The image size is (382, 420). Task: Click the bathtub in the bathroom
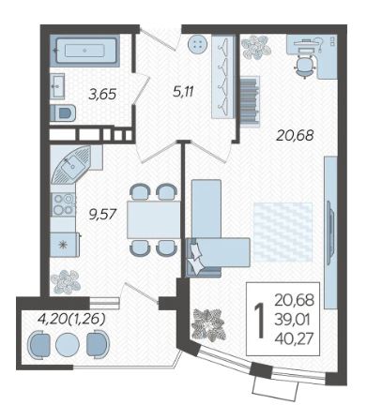click(x=84, y=51)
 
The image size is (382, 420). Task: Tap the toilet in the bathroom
click(x=63, y=112)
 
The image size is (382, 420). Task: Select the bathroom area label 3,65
click(x=102, y=94)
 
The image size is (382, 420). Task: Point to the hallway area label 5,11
click(x=183, y=92)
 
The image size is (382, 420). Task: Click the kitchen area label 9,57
click(x=103, y=215)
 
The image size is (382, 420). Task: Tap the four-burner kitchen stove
click(x=63, y=204)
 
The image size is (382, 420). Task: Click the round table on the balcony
click(x=68, y=345)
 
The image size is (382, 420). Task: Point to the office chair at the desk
click(x=304, y=65)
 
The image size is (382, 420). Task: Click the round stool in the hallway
click(x=198, y=44)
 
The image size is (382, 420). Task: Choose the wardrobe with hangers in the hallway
click(x=223, y=77)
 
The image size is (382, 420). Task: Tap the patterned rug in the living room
click(x=283, y=232)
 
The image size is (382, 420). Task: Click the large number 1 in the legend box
click(x=259, y=322)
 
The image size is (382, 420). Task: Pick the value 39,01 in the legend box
click(x=293, y=320)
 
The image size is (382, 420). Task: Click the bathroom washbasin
click(x=57, y=85)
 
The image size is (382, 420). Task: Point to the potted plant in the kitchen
click(x=66, y=282)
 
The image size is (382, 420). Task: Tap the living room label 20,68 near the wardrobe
click(x=295, y=135)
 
